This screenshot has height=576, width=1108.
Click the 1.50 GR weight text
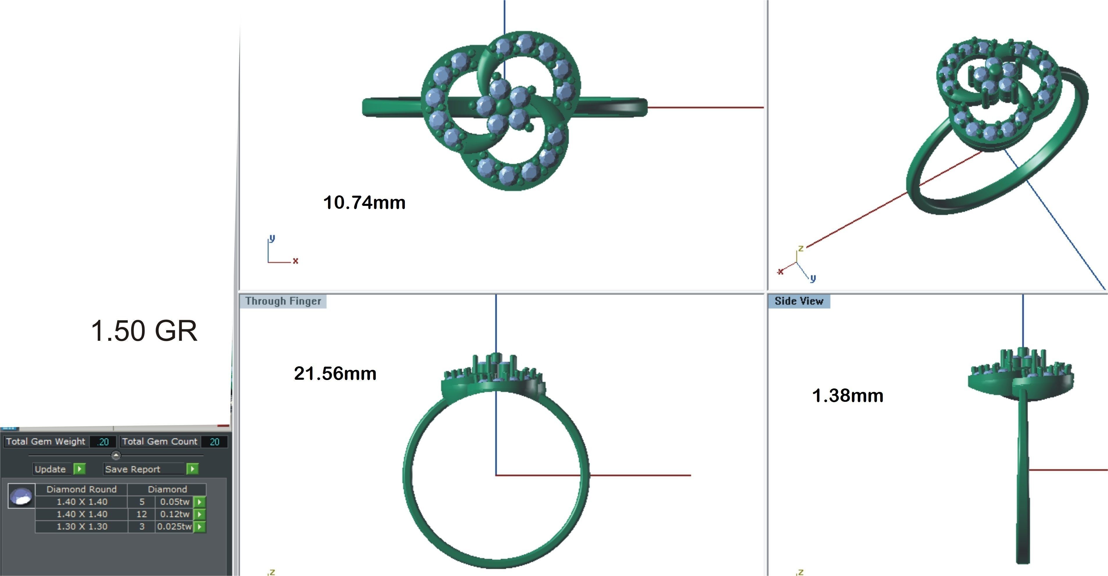click(x=144, y=331)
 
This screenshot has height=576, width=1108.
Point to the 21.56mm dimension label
click(x=335, y=374)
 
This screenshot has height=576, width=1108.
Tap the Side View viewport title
click(x=798, y=301)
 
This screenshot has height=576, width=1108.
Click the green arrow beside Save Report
click(x=193, y=469)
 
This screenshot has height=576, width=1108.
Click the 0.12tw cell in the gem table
click(x=174, y=514)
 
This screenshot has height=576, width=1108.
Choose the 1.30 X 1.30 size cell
click(x=82, y=527)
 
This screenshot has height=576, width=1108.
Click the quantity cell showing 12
click(x=141, y=514)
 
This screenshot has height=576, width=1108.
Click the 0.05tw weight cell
click(x=174, y=502)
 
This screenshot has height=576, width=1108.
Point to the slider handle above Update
click(x=116, y=455)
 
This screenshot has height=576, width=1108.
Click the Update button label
click(x=50, y=469)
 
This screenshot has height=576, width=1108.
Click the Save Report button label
click(x=132, y=469)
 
